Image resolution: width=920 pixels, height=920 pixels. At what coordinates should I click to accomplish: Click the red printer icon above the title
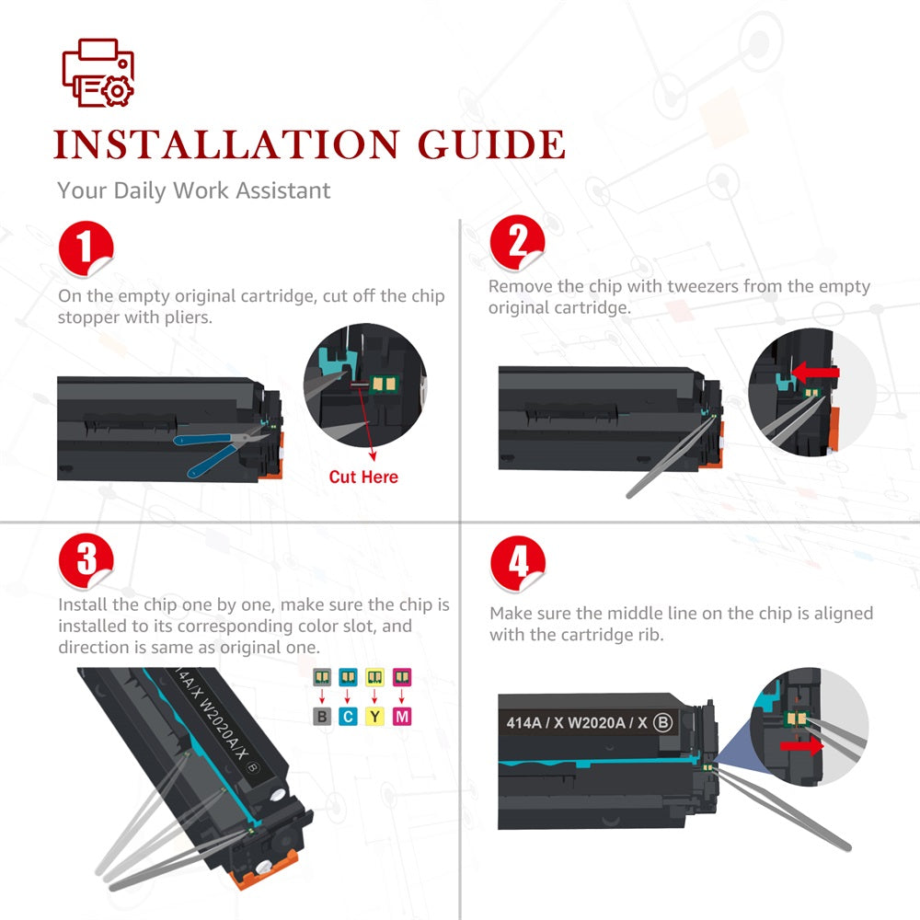(98, 73)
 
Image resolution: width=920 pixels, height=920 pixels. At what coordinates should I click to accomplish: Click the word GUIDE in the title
(491, 144)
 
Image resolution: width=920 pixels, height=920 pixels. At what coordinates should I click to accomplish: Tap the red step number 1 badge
(86, 247)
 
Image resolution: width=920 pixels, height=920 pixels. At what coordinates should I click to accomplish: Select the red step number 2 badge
(517, 242)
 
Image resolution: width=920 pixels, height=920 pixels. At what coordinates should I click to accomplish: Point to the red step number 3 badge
(86, 559)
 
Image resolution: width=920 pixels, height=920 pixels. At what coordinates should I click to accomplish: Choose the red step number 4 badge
(518, 563)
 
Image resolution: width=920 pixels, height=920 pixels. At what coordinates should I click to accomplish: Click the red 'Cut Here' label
(363, 477)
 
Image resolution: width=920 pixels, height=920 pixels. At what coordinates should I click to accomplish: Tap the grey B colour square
(321, 717)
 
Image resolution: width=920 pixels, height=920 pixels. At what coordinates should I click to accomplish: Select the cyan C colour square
(348, 717)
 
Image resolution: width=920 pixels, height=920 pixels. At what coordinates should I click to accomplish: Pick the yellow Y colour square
(374, 717)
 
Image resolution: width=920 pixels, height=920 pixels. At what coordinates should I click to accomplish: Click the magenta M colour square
(402, 717)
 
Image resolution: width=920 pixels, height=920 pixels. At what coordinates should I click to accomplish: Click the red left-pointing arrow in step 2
(815, 372)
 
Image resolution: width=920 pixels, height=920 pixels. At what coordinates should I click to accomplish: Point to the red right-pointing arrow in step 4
(801, 746)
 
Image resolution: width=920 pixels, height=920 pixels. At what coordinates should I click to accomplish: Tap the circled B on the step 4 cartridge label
(663, 722)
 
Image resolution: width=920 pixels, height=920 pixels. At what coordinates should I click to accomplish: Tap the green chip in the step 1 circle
(385, 385)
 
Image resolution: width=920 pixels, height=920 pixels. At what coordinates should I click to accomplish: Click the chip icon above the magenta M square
(402, 677)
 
